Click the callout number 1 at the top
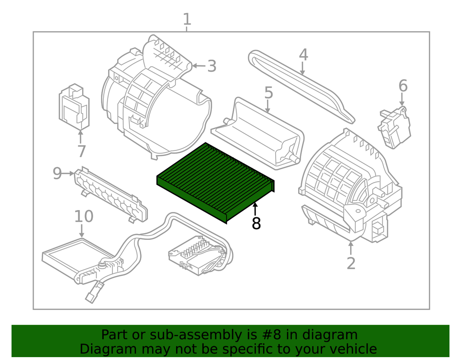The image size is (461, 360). point(187,20)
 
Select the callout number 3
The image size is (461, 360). point(212,66)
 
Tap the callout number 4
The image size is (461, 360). point(303,55)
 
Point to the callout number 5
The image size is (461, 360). point(268,93)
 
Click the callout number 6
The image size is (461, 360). point(402,86)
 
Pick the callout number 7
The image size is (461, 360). point(82,151)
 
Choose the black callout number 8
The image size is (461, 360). point(256,223)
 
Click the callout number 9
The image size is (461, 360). point(57,173)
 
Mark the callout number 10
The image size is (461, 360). point(84,216)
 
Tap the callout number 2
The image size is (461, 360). point(351,263)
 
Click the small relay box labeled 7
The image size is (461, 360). point(73,107)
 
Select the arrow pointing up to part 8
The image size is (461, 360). point(255,210)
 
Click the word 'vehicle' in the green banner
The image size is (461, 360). point(349,349)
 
